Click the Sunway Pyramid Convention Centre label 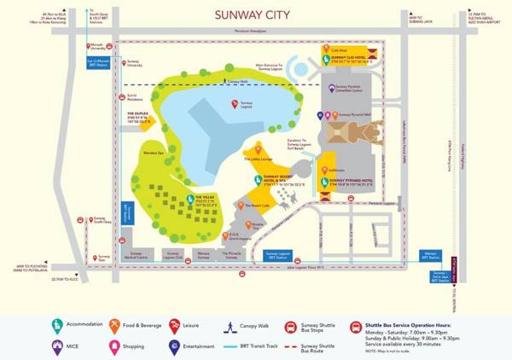point(355,87)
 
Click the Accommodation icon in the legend point(57,324)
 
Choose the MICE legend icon point(57,347)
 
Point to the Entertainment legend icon point(174,347)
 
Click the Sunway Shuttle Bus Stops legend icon point(289,324)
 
